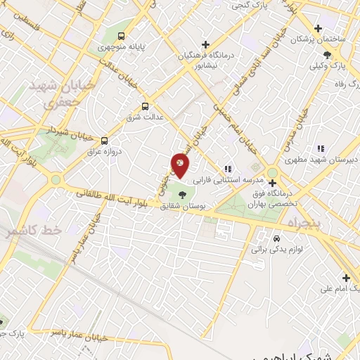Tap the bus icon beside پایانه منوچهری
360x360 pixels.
click(x=122, y=35)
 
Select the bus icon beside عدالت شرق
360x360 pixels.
click(x=145, y=106)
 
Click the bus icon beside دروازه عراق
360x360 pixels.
click(x=104, y=141)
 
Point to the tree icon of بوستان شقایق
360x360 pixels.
click(x=183, y=195)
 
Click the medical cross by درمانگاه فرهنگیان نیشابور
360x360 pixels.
click(x=204, y=43)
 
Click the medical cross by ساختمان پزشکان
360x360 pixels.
click(x=319, y=29)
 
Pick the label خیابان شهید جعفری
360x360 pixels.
click(x=51, y=92)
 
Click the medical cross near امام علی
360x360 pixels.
click(x=345, y=278)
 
